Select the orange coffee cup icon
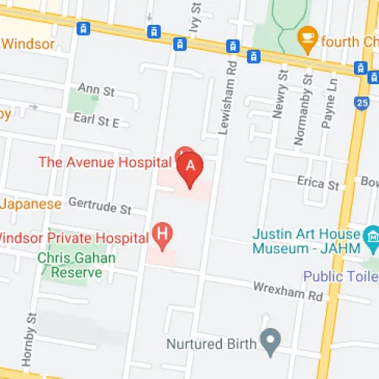[x=306, y=35]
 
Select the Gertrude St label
[x=100, y=205]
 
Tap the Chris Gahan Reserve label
[x=77, y=265]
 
